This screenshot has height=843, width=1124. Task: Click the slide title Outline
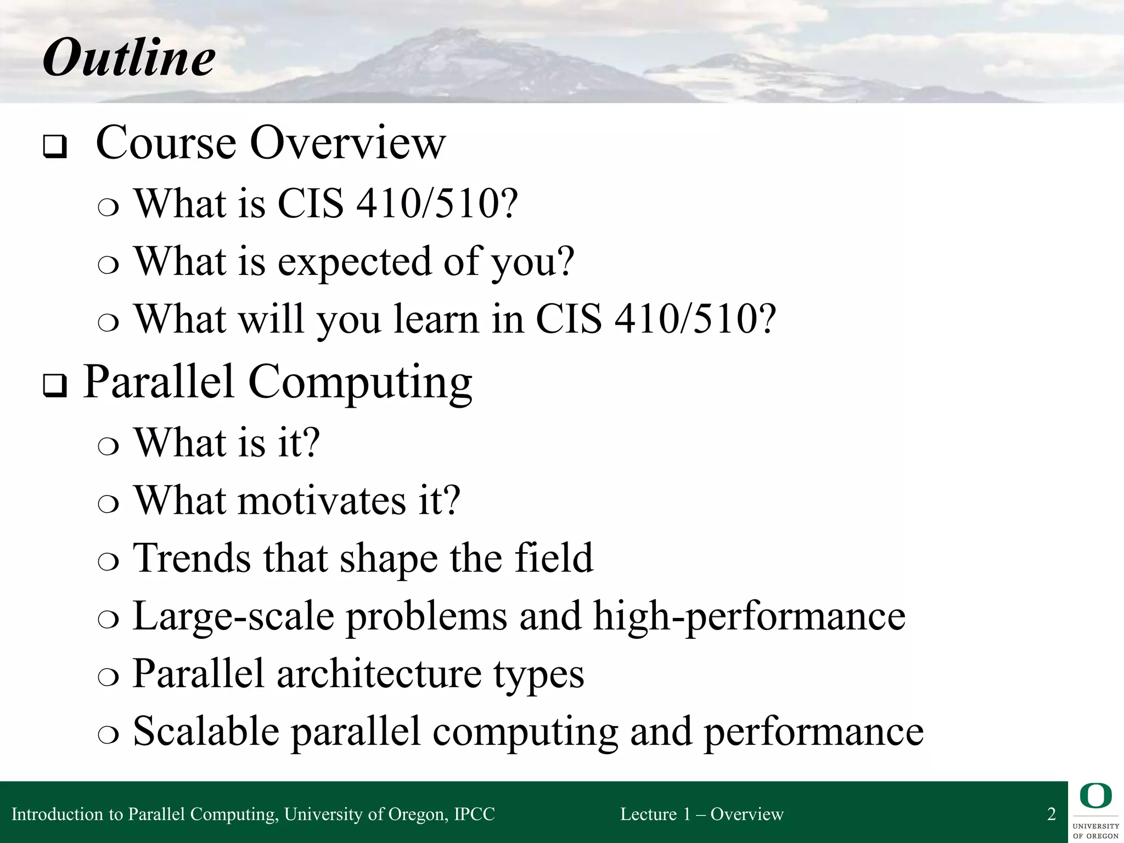129,58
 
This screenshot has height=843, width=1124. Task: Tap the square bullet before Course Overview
55,147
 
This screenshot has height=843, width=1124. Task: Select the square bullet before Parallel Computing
55,386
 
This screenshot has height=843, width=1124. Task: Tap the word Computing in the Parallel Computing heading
360,383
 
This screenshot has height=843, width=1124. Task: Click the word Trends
192,558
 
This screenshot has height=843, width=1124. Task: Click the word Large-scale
233,616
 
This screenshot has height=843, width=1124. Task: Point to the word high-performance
749,616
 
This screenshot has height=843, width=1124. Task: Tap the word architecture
379,674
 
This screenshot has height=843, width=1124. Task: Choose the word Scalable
206,732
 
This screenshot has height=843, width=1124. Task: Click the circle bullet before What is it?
108,446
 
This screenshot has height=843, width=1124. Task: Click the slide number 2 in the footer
1052,814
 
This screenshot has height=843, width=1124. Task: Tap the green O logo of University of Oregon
1095,796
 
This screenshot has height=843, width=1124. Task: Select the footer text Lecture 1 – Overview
701,814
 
